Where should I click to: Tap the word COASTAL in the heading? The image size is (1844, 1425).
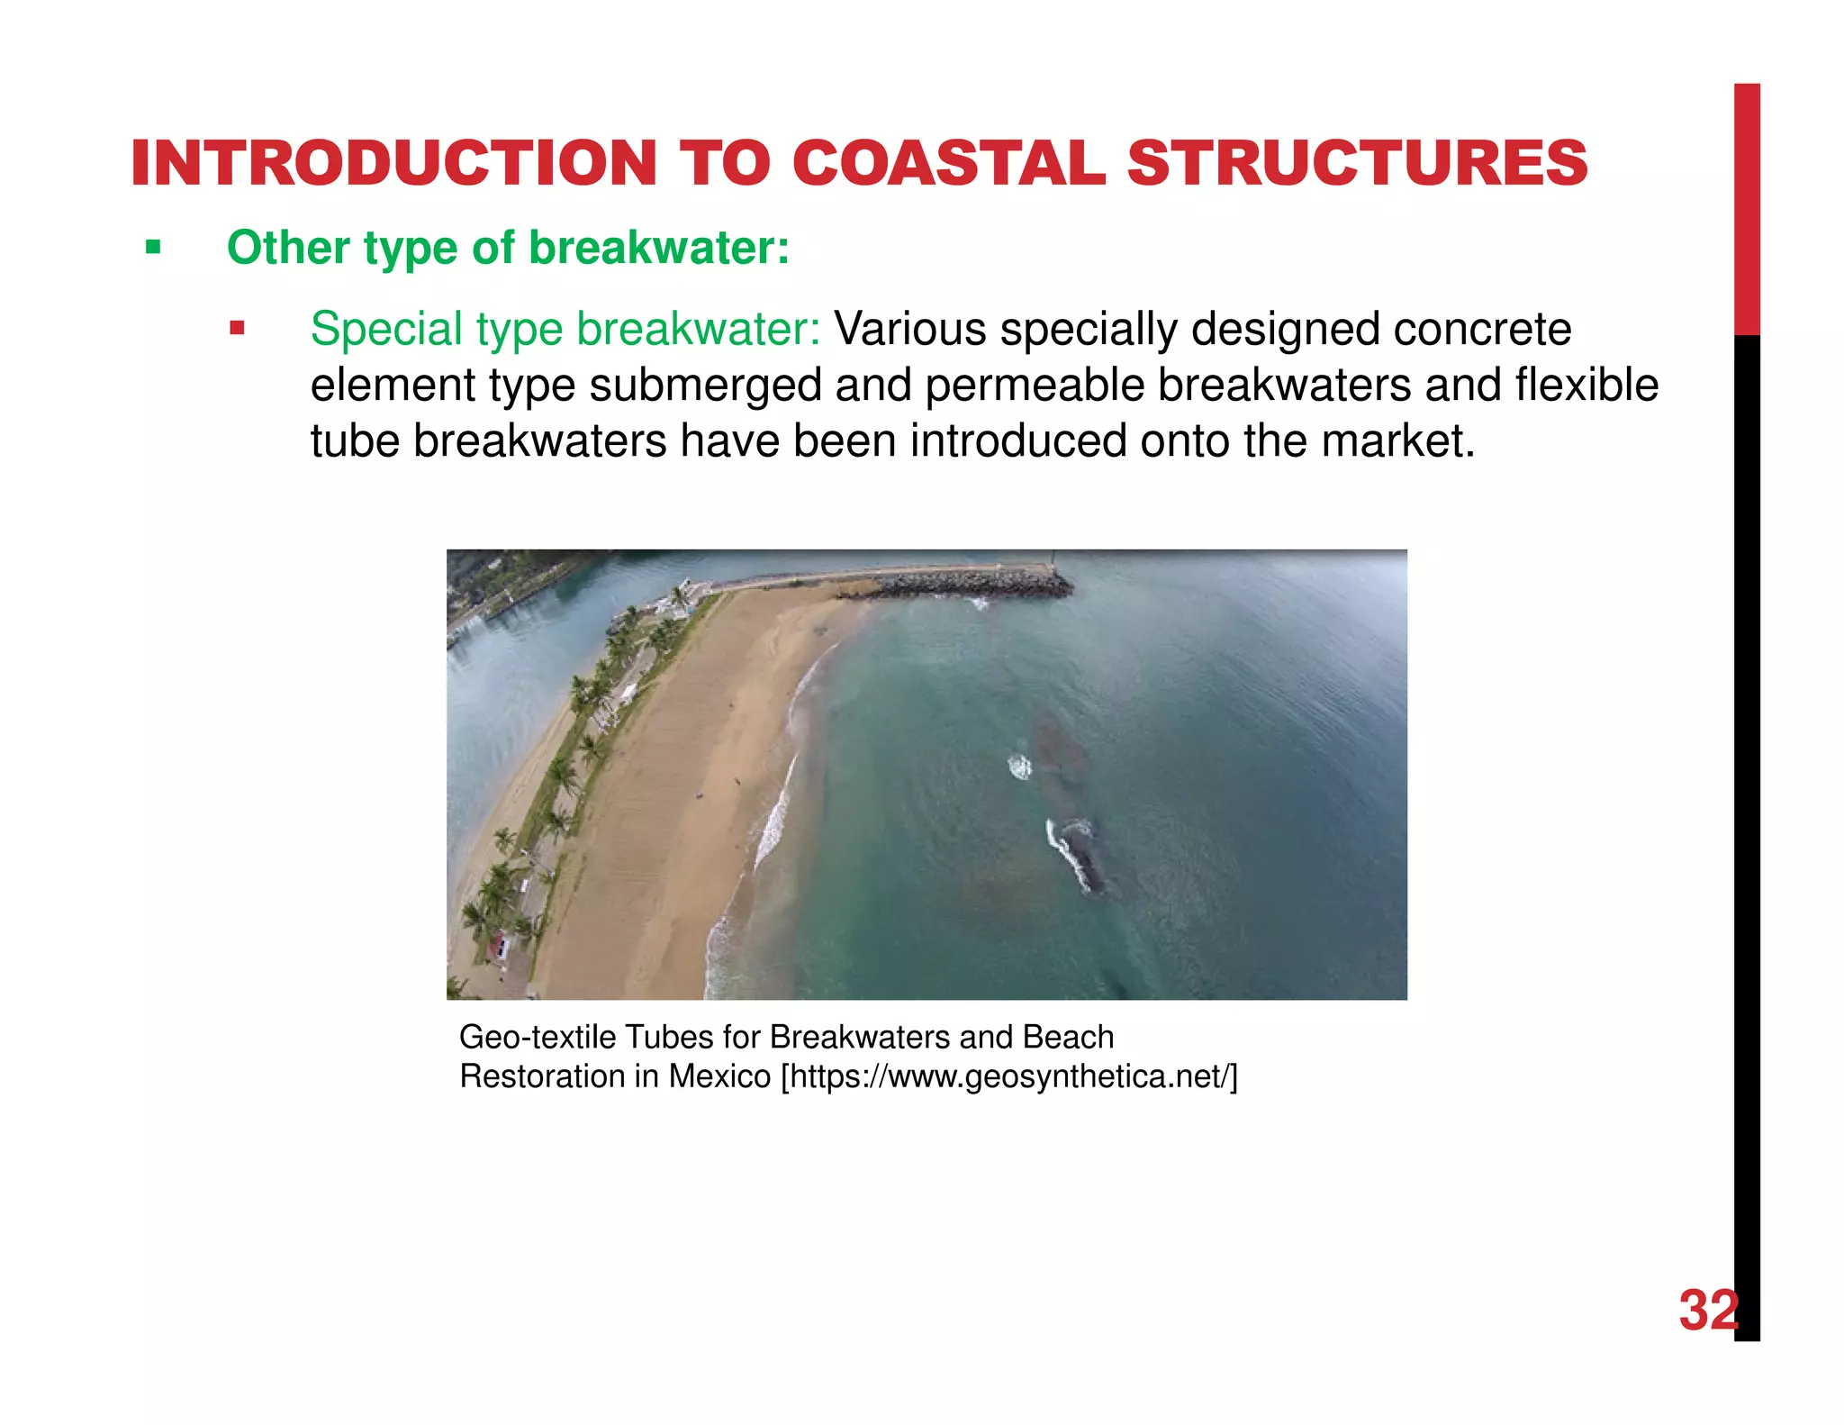949,164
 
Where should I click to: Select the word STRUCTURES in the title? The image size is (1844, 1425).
1357,164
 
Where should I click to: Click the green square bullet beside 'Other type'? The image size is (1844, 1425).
153,247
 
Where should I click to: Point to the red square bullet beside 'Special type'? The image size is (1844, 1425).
237,328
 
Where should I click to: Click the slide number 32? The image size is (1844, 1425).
1708,1311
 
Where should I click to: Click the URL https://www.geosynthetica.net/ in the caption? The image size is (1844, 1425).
1009,1076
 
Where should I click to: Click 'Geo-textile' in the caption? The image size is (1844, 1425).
538,1038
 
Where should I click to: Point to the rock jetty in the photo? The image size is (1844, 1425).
972,584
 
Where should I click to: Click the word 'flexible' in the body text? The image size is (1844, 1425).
1586,385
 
